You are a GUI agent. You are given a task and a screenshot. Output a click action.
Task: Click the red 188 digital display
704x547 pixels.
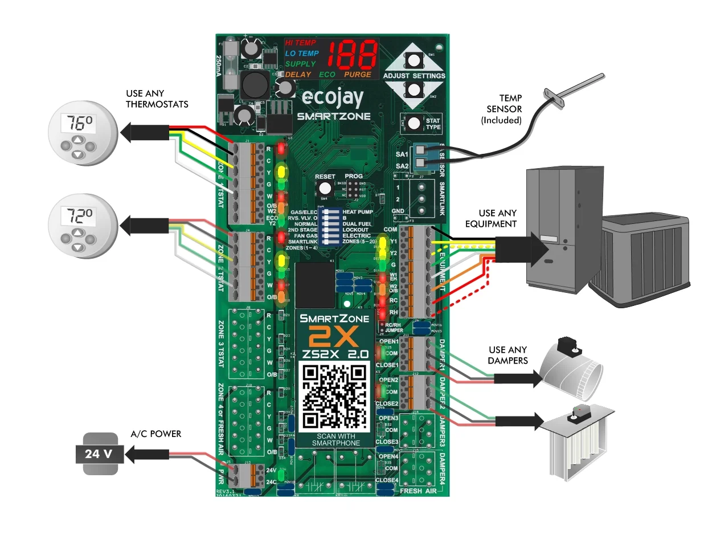click(353, 55)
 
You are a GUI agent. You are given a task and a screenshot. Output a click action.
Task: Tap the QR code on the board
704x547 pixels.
click(335, 397)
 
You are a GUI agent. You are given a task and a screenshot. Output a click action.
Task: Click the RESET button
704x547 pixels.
click(325, 189)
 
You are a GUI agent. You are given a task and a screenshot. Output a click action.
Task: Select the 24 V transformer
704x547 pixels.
click(100, 454)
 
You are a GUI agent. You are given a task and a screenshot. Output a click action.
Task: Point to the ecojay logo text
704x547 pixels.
click(332, 98)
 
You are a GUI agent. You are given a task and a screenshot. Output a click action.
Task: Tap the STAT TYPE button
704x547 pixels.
click(414, 123)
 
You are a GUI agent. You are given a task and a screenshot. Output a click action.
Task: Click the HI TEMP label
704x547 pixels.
click(300, 43)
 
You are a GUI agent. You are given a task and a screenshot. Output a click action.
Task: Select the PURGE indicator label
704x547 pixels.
click(357, 75)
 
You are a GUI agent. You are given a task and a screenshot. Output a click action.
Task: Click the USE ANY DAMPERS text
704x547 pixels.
click(507, 355)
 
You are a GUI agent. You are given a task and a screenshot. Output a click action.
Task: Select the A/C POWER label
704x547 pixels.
click(155, 434)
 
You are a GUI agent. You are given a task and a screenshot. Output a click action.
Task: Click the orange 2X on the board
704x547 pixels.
click(334, 336)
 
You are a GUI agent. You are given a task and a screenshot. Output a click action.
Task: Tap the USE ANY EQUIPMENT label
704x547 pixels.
click(490, 218)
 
